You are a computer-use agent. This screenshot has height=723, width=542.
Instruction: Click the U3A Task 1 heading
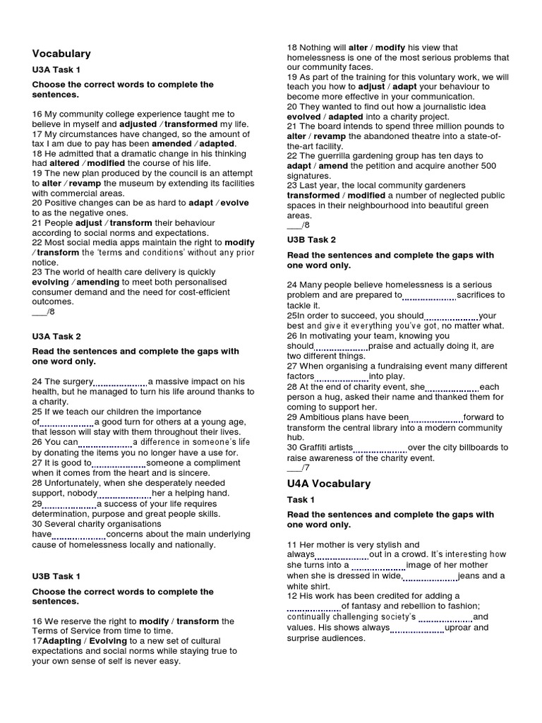pyautogui.click(x=56, y=70)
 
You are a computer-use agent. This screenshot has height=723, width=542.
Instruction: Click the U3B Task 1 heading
pyautogui.click(x=56, y=576)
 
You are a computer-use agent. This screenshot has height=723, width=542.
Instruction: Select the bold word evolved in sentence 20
pyautogui.click(x=305, y=116)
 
